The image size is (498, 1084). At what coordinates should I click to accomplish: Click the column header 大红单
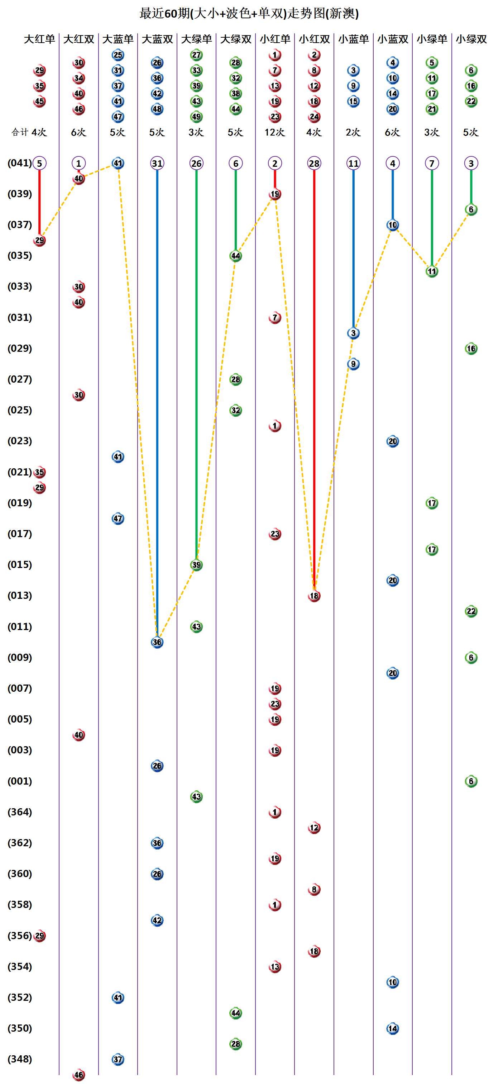tap(39, 39)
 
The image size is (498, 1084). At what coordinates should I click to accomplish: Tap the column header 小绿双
tap(471, 39)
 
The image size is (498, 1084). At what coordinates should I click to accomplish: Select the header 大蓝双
tap(157, 39)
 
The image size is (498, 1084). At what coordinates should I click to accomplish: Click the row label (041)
tap(19, 163)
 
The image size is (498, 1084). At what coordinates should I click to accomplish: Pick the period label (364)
tap(19, 812)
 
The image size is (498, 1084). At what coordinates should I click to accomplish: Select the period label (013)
tap(19, 596)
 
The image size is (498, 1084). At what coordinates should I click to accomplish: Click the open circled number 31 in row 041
tap(157, 163)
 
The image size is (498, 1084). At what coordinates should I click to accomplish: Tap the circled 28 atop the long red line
tap(314, 163)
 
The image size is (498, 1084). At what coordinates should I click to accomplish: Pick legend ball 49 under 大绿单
tap(196, 117)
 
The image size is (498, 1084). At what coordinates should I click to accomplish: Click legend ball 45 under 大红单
tap(39, 101)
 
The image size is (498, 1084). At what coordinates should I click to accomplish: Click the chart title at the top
tap(249, 14)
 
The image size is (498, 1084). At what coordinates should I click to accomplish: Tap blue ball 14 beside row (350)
tap(392, 1028)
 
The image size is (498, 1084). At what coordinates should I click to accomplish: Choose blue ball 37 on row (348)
tap(118, 1059)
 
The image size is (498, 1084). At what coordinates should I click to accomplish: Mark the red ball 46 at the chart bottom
tap(79, 1075)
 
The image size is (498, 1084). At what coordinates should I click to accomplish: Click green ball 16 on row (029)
tap(471, 349)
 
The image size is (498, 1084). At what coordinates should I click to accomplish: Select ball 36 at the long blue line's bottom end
tap(157, 642)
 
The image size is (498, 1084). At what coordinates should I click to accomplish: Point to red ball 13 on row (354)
tap(275, 967)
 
